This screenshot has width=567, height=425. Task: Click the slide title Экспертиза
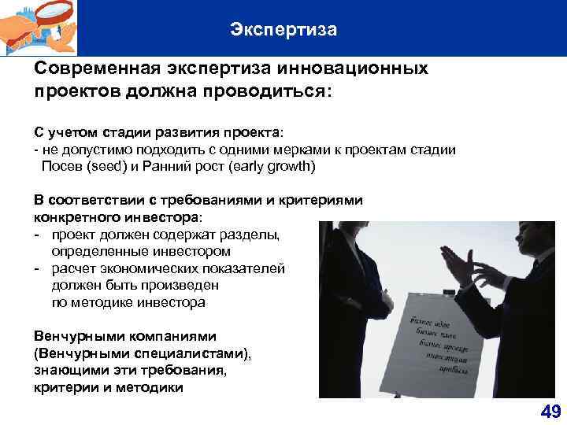[x=283, y=30]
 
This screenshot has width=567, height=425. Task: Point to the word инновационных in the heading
[x=360, y=68]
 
